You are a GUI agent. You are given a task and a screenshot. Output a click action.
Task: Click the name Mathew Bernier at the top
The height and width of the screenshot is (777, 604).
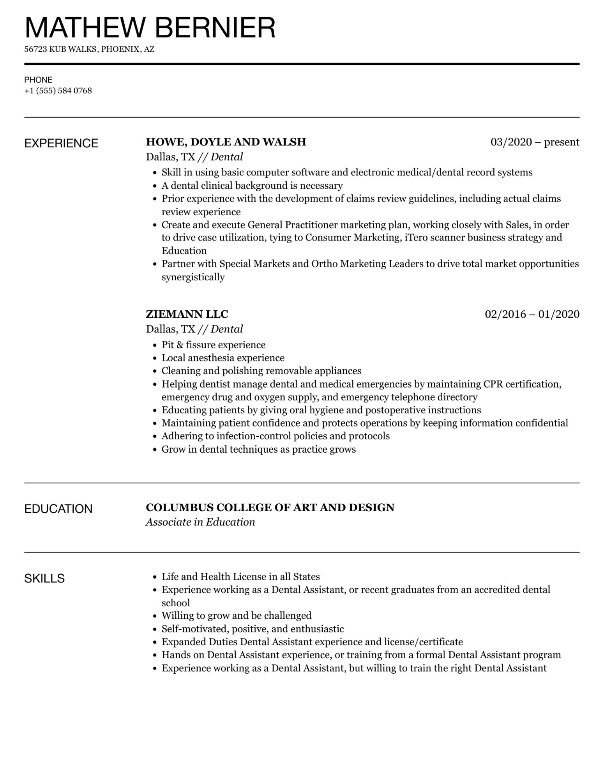(x=150, y=28)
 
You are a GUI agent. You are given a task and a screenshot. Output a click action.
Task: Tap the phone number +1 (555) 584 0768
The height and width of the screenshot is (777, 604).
(x=58, y=91)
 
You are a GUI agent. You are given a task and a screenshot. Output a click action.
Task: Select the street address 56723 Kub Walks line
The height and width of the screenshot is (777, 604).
(x=89, y=49)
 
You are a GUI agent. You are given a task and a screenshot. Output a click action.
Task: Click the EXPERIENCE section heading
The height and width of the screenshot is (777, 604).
(x=61, y=143)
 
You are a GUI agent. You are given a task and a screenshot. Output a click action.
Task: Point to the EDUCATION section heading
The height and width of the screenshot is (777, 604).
(x=58, y=509)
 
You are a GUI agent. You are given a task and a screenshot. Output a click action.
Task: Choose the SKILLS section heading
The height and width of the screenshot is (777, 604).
(x=44, y=578)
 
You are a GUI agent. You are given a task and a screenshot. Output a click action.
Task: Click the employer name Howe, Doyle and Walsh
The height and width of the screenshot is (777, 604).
(x=226, y=142)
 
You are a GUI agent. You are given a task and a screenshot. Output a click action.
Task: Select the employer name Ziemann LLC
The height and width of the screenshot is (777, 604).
(x=187, y=314)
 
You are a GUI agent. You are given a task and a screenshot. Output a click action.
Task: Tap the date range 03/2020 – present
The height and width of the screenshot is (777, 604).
(x=535, y=142)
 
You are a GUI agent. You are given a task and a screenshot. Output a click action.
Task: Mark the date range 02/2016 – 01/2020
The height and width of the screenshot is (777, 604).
(x=532, y=314)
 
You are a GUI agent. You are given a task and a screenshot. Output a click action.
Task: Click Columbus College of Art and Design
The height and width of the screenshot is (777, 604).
(x=270, y=508)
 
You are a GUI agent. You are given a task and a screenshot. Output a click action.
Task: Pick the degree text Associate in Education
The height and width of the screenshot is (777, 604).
(x=200, y=522)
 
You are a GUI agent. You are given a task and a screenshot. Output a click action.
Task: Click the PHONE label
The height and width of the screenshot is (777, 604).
(x=38, y=80)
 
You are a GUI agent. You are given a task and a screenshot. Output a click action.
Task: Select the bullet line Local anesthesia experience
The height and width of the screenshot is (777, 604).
(x=223, y=358)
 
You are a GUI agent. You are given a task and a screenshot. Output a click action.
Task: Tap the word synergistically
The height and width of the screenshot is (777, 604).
(x=193, y=277)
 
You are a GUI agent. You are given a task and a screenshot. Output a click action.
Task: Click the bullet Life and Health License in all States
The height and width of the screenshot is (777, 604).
(x=240, y=577)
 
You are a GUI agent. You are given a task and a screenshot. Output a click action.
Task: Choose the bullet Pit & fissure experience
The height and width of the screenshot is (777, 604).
(x=214, y=345)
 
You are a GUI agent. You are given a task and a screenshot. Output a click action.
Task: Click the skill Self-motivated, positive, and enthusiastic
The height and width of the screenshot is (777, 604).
(x=253, y=629)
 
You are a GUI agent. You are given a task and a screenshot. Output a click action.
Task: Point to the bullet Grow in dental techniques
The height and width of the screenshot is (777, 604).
(x=258, y=449)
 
